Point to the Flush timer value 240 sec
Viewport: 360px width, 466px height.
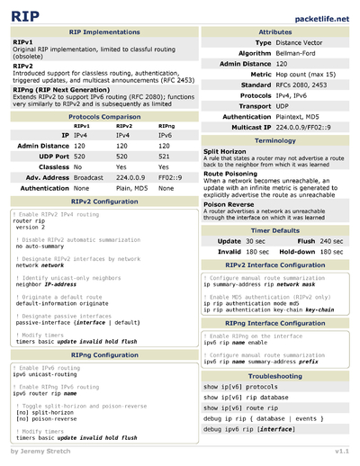[332, 241]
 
